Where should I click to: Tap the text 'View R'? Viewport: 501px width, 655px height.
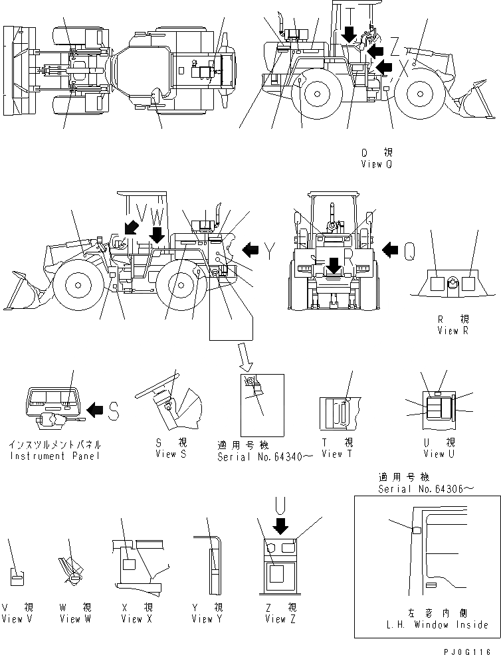452,331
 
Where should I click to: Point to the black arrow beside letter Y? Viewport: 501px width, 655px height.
250,250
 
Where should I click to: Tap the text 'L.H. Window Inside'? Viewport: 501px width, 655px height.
437,624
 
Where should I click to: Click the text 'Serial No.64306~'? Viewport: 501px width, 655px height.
425,488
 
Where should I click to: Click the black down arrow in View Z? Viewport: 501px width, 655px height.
282,526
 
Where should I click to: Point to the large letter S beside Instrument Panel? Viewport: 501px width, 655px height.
114,412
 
